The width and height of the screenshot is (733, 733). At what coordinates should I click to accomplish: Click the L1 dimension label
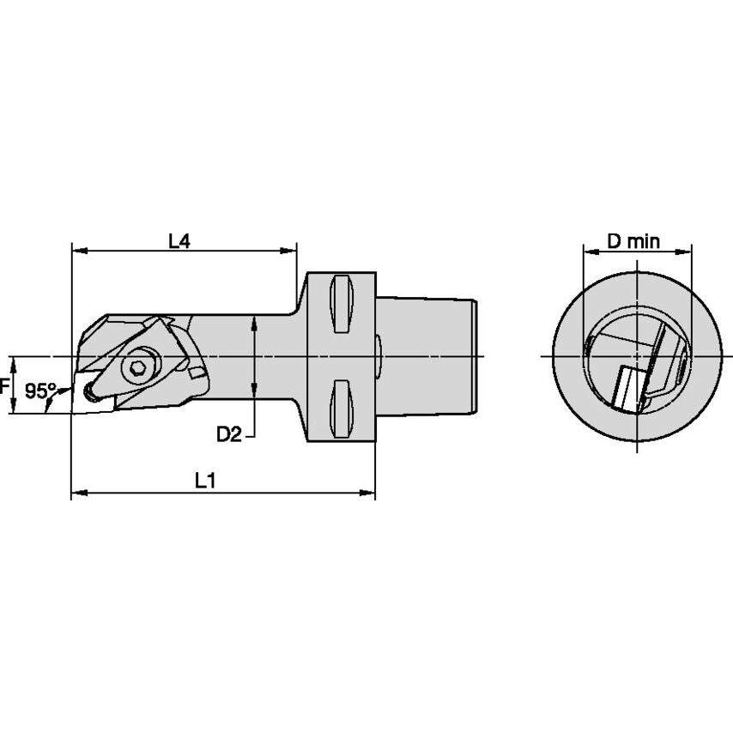(204, 482)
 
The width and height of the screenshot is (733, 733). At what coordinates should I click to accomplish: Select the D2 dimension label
(228, 435)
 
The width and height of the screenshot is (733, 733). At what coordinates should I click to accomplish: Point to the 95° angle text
(39, 391)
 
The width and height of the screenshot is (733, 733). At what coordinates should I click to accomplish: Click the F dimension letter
(4, 385)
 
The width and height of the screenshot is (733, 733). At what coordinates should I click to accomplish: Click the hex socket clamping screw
(135, 368)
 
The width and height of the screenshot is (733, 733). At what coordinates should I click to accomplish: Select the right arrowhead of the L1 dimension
(369, 494)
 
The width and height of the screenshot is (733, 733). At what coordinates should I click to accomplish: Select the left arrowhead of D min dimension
(590, 251)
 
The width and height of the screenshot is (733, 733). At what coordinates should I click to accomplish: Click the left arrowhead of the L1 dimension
(76, 494)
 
